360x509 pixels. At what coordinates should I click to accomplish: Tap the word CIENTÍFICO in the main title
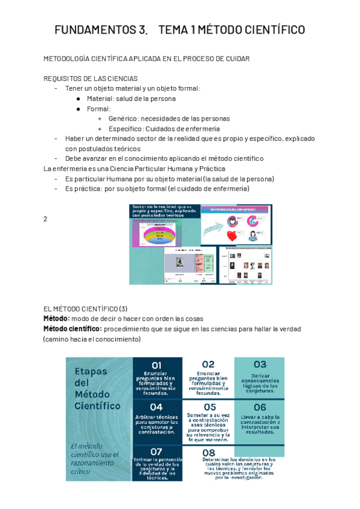[x=277, y=30]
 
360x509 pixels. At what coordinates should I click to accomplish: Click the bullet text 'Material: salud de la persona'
[x=131, y=98]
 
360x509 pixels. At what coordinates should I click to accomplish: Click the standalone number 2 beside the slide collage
[x=46, y=219]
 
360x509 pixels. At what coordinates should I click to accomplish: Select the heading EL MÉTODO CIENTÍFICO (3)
[x=86, y=309]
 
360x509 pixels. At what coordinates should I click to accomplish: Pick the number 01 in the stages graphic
[x=157, y=365]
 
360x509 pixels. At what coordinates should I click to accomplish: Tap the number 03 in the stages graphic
[x=259, y=364]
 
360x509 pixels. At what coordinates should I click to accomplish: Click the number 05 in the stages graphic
[x=209, y=408]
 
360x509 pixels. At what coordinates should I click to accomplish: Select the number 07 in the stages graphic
[x=157, y=451]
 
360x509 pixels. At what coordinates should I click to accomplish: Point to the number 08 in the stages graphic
[x=209, y=453]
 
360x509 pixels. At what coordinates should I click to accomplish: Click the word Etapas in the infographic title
[x=91, y=371]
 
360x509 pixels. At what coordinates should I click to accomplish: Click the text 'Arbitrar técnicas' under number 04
[x=157, y=417]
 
